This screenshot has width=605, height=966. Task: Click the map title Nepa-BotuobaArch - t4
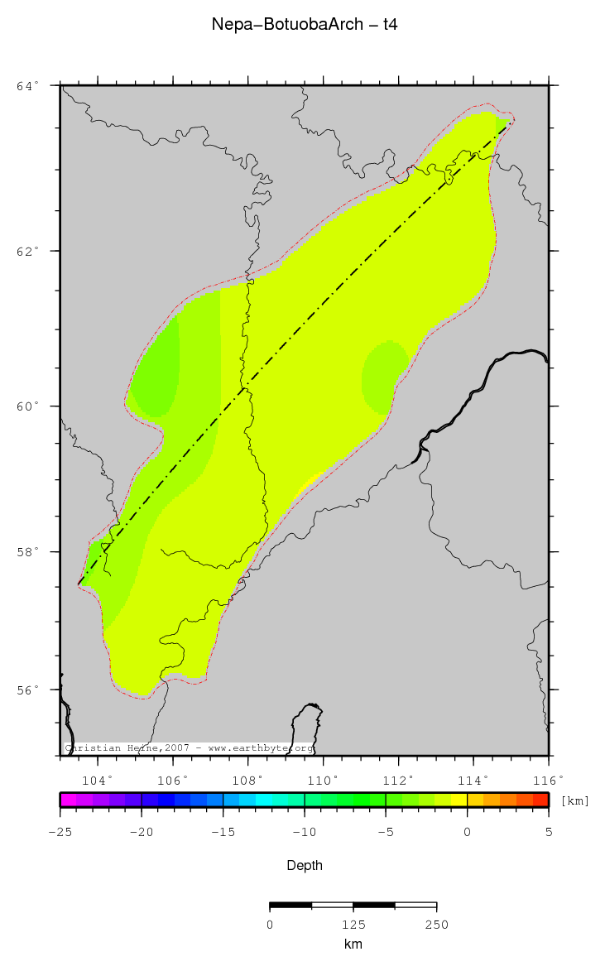coord(305,25)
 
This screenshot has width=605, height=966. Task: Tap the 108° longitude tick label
coord(247,780)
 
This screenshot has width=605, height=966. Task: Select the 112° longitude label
coord(398,780)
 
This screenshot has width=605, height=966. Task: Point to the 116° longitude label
coord(548,780)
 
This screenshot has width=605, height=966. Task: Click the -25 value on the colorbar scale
coord(60,832)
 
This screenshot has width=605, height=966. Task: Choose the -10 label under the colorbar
coord(304,832)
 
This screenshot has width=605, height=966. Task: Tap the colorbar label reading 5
coord(548,832)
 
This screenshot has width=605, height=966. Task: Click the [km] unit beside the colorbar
coord(575,800)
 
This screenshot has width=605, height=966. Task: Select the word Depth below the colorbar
coord(305,866)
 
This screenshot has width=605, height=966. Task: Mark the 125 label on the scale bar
coord(353,925)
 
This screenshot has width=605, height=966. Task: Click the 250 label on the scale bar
coord(436,925)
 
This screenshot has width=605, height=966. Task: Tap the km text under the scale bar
coord(353,944)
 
